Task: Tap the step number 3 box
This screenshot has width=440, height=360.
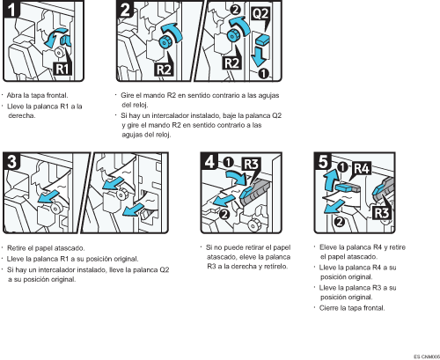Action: pyautogui.click(x=12, y=163)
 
